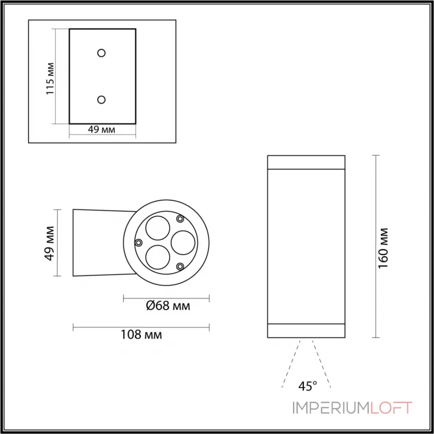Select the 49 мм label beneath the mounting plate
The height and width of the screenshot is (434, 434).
pyautogui.click(x=102, y=130)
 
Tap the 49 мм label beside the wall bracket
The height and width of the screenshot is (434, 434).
pyautogui.click(x=50, y=242)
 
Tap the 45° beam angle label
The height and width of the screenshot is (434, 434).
pyautogui.click(x=307, y=386)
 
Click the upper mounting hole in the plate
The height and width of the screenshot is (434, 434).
pyautogui.click(x=101, y=53)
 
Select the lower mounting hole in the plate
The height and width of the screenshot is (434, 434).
pyautogui.click(x=101, y=99)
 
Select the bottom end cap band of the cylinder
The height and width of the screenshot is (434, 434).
pyautogui.click(x=306, y=331)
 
